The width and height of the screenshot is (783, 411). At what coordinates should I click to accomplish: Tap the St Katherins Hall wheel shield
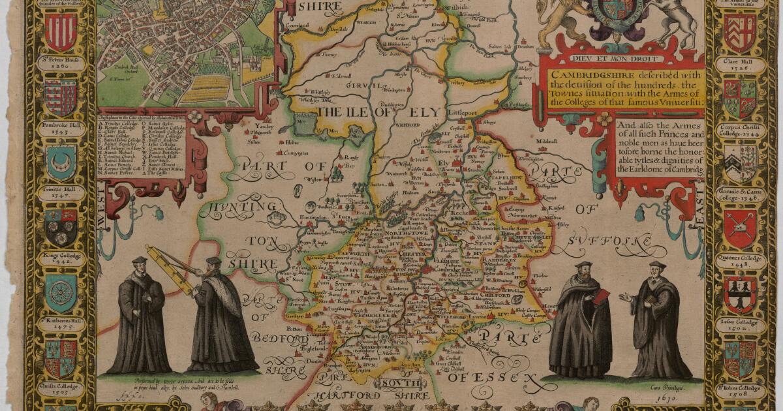pos(61,293)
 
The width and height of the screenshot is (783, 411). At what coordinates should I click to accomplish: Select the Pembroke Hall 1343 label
pos(61,127)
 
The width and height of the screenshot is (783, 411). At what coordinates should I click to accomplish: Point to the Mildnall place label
pos(545,140)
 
